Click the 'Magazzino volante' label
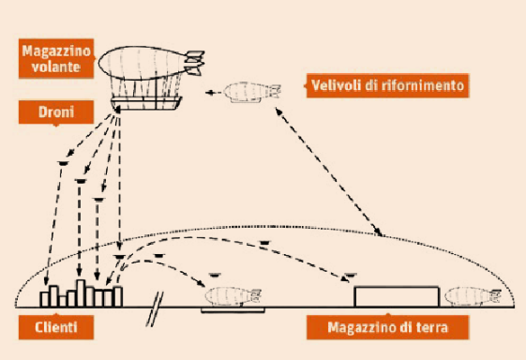tap(56, 59)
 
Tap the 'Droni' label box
tap(56, 112)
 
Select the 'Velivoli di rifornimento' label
tap(387, 85)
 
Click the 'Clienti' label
tap(56, 327)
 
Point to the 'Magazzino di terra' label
tap(387, 327)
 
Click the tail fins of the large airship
tap(195, 63)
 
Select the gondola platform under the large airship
tap(147, 103)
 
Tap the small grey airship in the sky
tap(252, 93)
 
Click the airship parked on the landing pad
tap(233, 296)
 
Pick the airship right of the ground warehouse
tap(473, 296)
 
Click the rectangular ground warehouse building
tap(397, 296)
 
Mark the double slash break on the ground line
tap(155, 308)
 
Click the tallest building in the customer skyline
tap(81, 292)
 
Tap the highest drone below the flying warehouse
tap(63, 163)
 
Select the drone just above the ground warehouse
tap(350, 276)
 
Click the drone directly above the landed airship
tap(215, 276)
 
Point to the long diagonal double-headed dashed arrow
tap(329, 172)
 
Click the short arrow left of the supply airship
tap(214, 93)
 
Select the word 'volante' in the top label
tap(56, 67)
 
